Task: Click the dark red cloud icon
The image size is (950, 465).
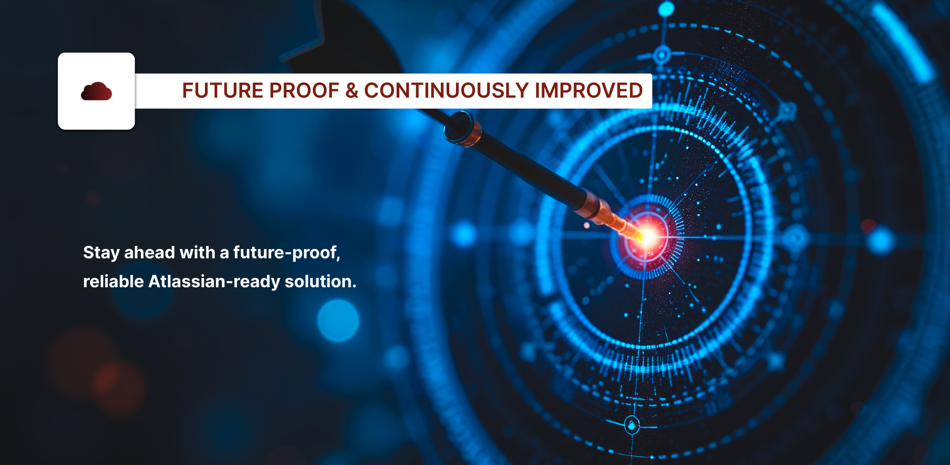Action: click(97, 91)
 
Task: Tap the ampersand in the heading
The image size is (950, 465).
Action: click(352, 91)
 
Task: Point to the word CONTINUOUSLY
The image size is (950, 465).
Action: click(447, 91)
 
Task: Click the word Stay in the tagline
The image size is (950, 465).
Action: click(101, 253)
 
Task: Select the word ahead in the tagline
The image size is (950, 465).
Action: click(150, 252)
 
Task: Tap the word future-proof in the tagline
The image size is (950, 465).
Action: click(287, 253)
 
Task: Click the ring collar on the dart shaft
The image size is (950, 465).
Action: click(463, 129)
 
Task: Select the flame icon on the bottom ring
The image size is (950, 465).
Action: click(632, 425)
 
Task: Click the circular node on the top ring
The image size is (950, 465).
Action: click(662, 54)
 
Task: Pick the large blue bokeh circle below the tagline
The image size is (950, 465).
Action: click(338, 320)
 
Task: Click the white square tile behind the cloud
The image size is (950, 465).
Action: click(97, 91)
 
